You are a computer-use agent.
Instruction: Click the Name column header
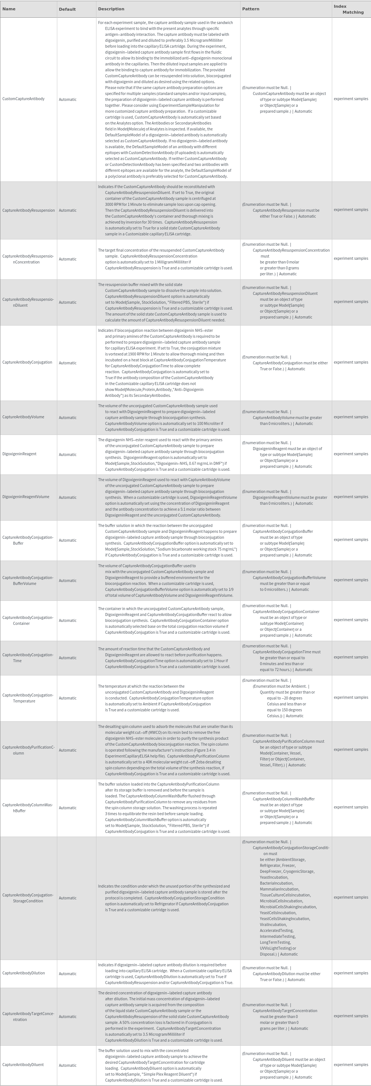point(9,9)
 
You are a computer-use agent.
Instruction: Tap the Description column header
point(111,9)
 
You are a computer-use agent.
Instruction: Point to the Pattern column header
point(251,9)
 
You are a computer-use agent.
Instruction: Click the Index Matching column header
point(348,9)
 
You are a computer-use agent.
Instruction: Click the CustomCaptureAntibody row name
point(23,99)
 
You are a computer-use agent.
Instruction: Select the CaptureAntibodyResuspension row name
point(28,210)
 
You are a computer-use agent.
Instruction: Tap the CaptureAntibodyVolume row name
point(23,417)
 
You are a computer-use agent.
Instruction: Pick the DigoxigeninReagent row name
point(19,454)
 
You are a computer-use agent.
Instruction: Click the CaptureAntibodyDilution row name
point(23,973)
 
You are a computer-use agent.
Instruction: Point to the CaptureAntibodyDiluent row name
point(23,1065)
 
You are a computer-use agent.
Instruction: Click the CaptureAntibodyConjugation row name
point(27,362)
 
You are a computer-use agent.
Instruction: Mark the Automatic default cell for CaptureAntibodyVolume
point(68,418)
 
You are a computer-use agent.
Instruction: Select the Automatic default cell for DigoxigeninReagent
point(68,455)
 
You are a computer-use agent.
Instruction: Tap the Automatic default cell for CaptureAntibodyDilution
point(68,973)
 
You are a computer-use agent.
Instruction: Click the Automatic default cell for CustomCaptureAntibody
point(68,99)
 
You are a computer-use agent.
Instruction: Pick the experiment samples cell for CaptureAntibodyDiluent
point(351,1065)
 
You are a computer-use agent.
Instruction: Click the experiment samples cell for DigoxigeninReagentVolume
point(351,497)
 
